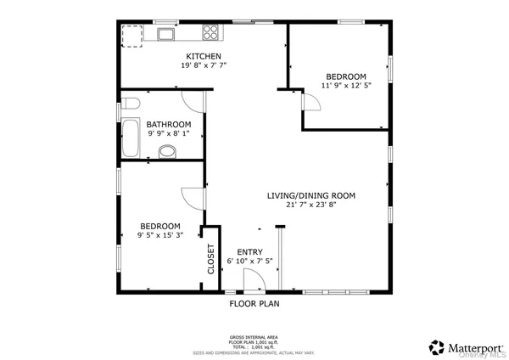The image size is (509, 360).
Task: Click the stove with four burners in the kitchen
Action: (210, 33)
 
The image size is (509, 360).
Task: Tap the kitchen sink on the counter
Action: (163, 34)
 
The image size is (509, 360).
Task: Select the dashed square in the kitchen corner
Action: (131, 36)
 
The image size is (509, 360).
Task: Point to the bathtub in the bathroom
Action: (130, 138)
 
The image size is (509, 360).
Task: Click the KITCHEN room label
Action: (204, 57)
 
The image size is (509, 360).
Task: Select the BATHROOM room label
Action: (169, 124)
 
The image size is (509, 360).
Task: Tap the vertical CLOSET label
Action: (211, 259)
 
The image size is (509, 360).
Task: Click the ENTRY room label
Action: (249, 251)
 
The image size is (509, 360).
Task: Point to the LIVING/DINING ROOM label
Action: (310, 195)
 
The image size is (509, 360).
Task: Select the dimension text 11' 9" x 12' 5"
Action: (345, 85)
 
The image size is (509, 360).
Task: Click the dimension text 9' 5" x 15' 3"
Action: (159, 235)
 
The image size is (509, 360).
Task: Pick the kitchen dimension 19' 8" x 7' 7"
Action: (204, 65)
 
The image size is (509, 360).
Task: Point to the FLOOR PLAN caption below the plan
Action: (255, 303)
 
